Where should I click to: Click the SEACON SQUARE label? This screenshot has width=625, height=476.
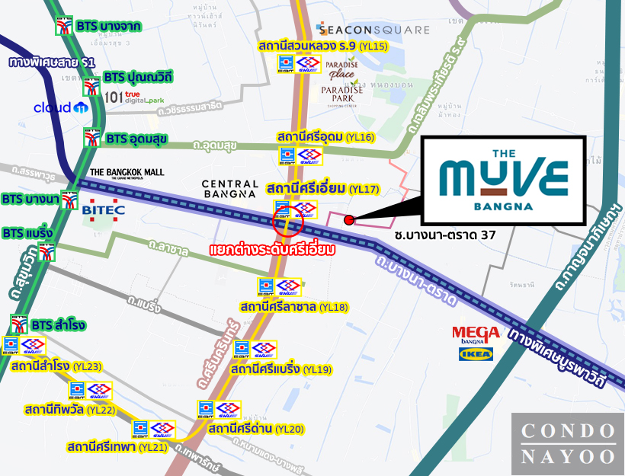pyautogui.click(x=373, y=30)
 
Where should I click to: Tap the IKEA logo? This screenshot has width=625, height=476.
pyautogui.click(x=477, y=353)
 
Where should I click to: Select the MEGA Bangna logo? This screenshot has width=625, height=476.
pyautogui.click(x=476, y=334)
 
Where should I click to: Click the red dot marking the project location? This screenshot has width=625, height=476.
pyautogui.click(x=349, y=220)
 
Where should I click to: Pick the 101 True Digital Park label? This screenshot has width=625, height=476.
pyautogui.click(x=136, y=97)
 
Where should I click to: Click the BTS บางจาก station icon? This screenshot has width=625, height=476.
pyautogui.click(x=62, y=27)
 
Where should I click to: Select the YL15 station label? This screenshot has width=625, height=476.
pyautogui.click(x=324, y=46)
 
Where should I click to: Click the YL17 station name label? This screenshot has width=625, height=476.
pyautogui.click(x=322, y=188)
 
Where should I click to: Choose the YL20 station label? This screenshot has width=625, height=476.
pyautogui.click(x=255, y=429)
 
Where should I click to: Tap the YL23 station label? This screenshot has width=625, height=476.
pyautogui.click(x=56, y=366)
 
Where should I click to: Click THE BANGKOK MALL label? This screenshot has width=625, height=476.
pyautogui.click(x=127, y=173)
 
